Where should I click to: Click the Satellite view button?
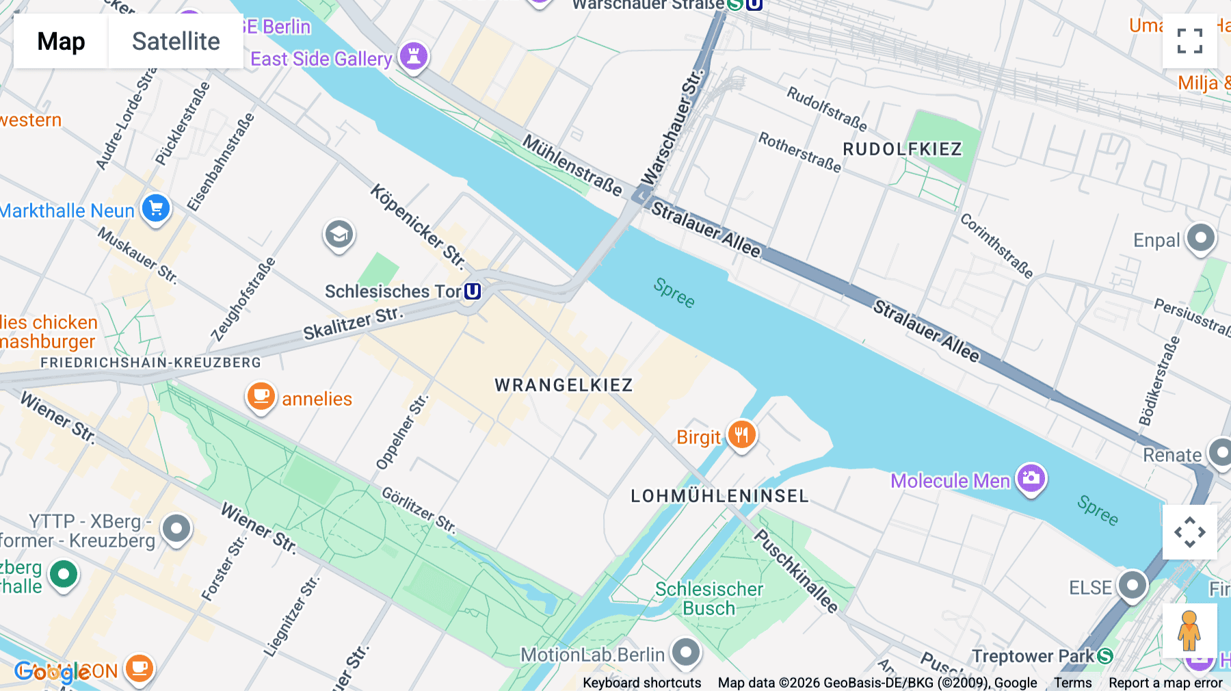(176, 41)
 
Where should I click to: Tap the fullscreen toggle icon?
(1189, 41)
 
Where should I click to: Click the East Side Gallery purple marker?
(414, 56)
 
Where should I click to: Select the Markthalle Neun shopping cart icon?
(156, 209)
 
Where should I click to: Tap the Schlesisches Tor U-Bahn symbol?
(473, 291)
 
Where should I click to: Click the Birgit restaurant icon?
(741, 435)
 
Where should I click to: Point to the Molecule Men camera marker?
(1031, 478)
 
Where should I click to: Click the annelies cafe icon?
(261, 396)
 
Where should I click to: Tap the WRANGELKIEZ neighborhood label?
(564, 385)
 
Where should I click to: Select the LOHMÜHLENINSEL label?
(719, 496)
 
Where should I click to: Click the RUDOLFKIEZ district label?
(902, 149)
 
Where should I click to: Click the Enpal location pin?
(1200, 239)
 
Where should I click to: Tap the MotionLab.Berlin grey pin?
(685, 653)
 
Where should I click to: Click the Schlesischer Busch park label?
(709, 599)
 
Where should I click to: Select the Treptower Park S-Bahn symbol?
(1104, 656)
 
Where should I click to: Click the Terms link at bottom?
(1072, 683)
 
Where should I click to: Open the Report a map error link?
(1165, 683)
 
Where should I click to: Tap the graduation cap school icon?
(339, 235)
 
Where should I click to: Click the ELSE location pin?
(1132, 586)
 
